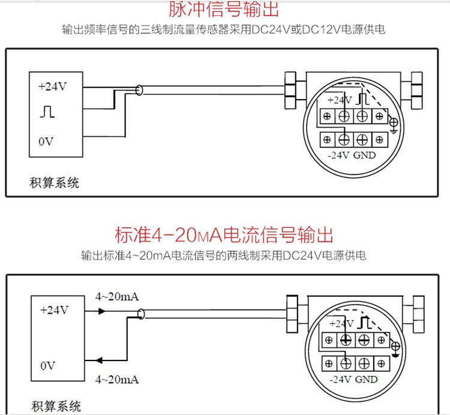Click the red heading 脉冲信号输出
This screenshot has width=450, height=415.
pos(224,10)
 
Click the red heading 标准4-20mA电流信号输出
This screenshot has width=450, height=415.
pos(224,234)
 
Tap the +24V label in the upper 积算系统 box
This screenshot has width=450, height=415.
pos(53,86)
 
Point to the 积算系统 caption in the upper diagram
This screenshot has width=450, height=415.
pos(54,183)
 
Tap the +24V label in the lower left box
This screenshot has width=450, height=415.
pos(54,310)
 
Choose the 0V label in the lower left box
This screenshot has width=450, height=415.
pos(48,365)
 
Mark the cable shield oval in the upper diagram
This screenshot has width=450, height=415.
pos(140,91)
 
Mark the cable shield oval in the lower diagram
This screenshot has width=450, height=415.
pos(142,314)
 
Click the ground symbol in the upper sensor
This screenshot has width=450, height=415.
pos(394,124)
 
